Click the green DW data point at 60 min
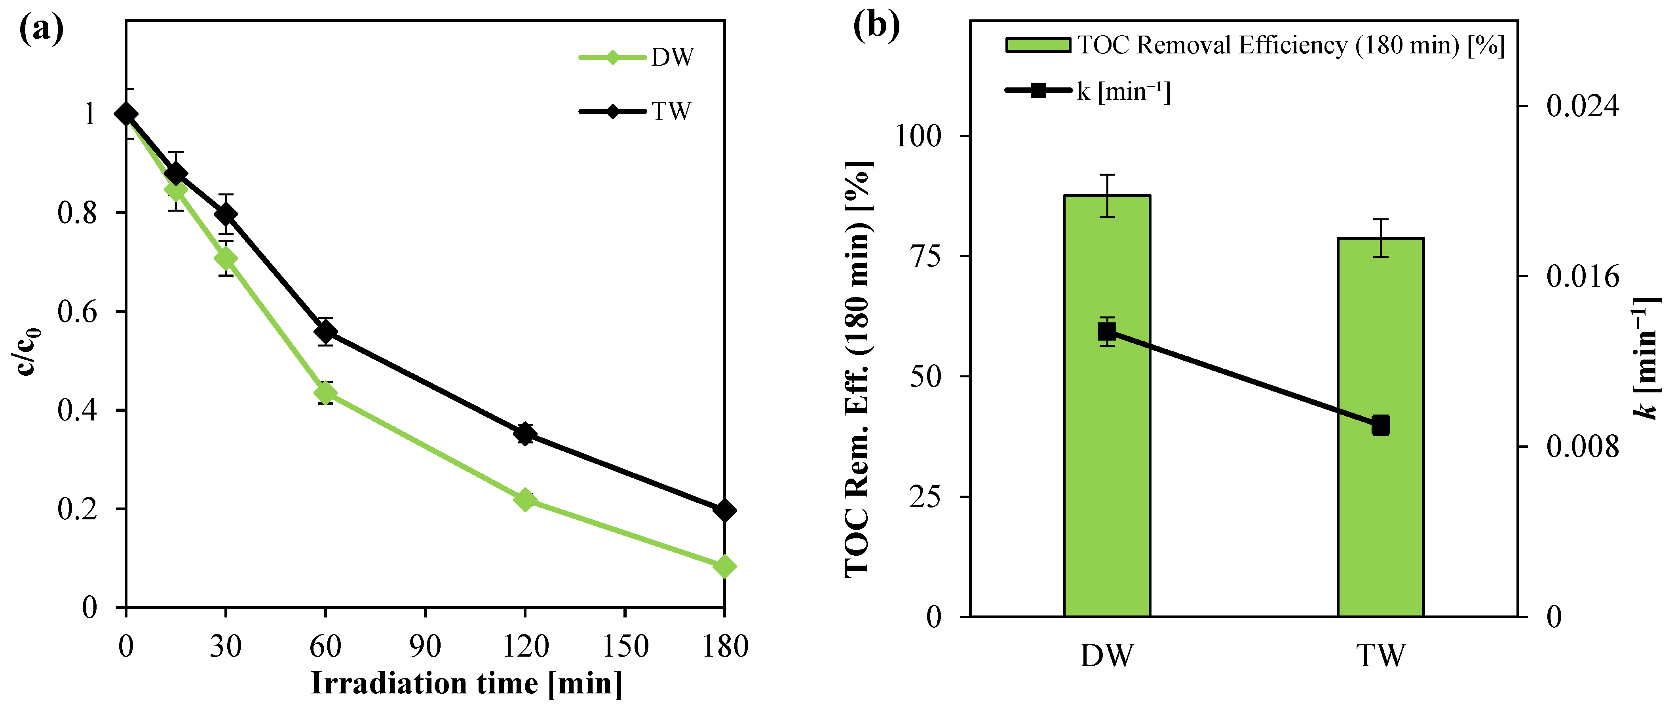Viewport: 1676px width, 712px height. tap(325, 393)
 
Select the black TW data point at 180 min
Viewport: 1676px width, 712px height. tap(724, 510)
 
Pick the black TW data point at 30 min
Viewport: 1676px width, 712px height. tap(226, 214)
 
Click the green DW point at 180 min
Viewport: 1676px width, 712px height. tap(724, 567)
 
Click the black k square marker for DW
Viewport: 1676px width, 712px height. tap(1107, 331)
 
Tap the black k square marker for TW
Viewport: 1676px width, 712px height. tap(1381, 425)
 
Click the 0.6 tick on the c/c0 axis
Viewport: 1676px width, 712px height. tap(77, 311)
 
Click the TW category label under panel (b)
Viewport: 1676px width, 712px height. tap(1381, 655)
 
